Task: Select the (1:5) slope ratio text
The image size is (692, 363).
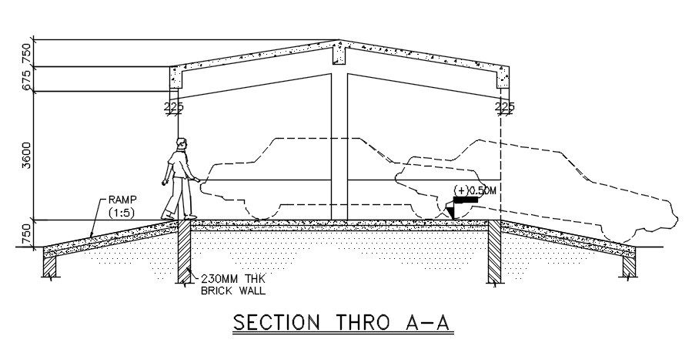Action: (x=121, y=210)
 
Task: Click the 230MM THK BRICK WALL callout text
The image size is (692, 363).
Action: (x=234, y=285)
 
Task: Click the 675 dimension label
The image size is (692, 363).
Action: (x=28, y=79)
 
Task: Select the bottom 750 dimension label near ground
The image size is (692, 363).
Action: (x=28, y=234)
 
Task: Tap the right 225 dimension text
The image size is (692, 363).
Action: (x=506, y=106)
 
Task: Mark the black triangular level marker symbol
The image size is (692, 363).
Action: (x=452, y=209)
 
